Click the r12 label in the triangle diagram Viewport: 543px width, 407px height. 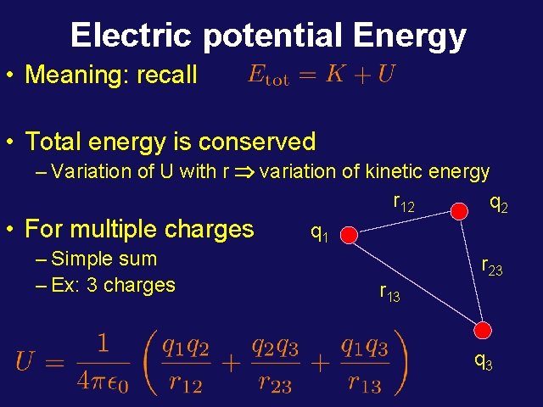click(x=403, y=203)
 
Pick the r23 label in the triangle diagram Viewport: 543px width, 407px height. click(x=492, y=268)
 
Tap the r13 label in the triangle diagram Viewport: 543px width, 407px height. click(x=389, y=293)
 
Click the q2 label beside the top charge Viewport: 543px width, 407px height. click(x=499, y=203)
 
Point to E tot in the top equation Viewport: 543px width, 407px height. click(x=268, y=75)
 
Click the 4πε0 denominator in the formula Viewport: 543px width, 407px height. click(x=102, y=382)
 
